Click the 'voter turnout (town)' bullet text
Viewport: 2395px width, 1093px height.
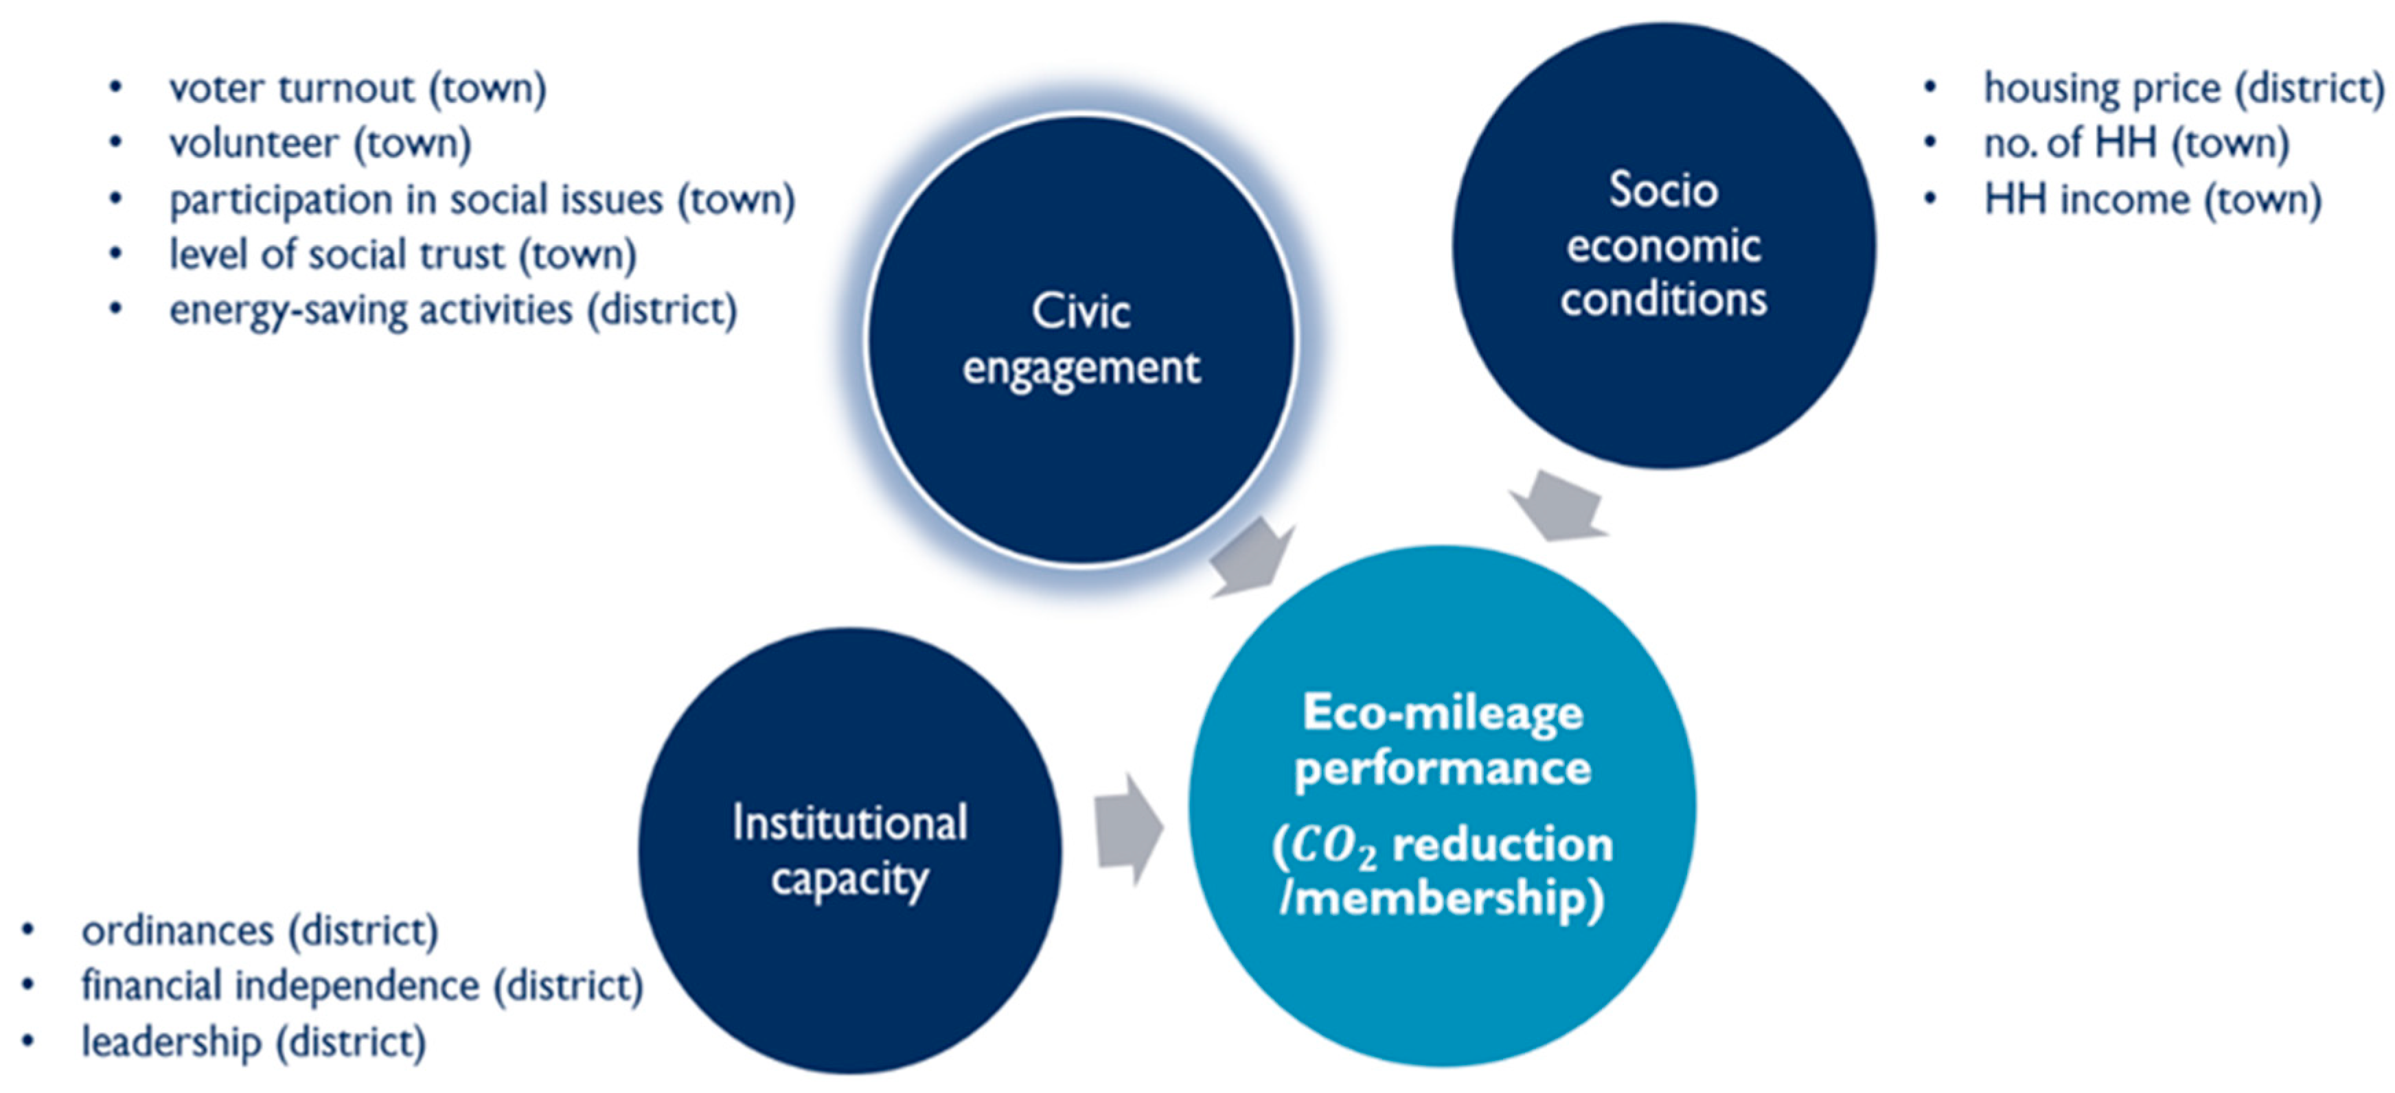(357, 89)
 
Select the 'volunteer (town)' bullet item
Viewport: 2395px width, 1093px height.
(320, 144)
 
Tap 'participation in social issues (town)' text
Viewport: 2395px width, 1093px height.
(481, 200)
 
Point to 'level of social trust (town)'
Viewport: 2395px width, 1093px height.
(402, 255)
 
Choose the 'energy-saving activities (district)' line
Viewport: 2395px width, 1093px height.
(452, 310)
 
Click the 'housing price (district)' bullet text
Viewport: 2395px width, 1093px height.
(2183, 89)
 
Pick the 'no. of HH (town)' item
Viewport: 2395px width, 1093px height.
(2135, 144)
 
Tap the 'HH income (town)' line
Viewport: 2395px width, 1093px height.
(2153, 200)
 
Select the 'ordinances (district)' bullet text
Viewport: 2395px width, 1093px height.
(260, 931)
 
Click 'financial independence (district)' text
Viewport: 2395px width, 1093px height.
(362, 986)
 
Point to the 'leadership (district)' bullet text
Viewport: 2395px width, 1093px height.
(253, 1042)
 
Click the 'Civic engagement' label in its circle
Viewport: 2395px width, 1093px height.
(1080, 339)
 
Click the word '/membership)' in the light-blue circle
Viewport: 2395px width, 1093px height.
(1442, 899)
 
